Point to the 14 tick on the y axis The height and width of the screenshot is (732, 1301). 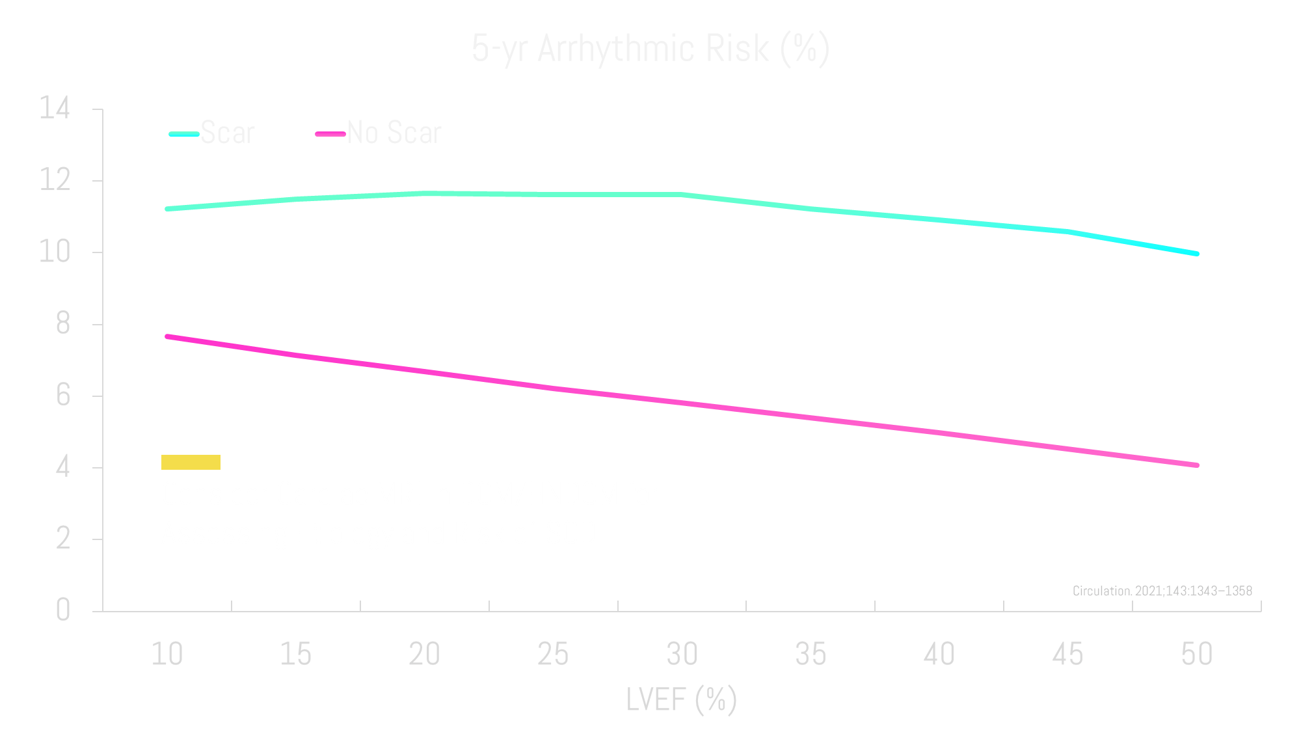(x=55, y=108)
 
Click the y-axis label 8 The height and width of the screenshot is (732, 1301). (x=62, y=323)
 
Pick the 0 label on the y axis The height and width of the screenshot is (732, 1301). (x=62, y=610)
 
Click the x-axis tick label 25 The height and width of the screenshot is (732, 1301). (x=553, y=654)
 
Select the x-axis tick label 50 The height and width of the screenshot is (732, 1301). (x=1197, y=654)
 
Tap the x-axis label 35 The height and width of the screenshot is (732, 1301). (x=811, y=654)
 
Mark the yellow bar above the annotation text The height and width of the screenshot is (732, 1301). (x=191, y=462)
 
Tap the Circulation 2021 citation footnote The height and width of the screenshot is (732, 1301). (x=1162, y=591)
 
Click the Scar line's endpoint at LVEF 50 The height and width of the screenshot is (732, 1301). (x=1196, y=254)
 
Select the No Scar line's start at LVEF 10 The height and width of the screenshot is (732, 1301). (x=168, y=336)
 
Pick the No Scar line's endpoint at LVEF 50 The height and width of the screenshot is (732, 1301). (x=1196, y=465)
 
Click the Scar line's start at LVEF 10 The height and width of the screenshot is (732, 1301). (x=168, y=209)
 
